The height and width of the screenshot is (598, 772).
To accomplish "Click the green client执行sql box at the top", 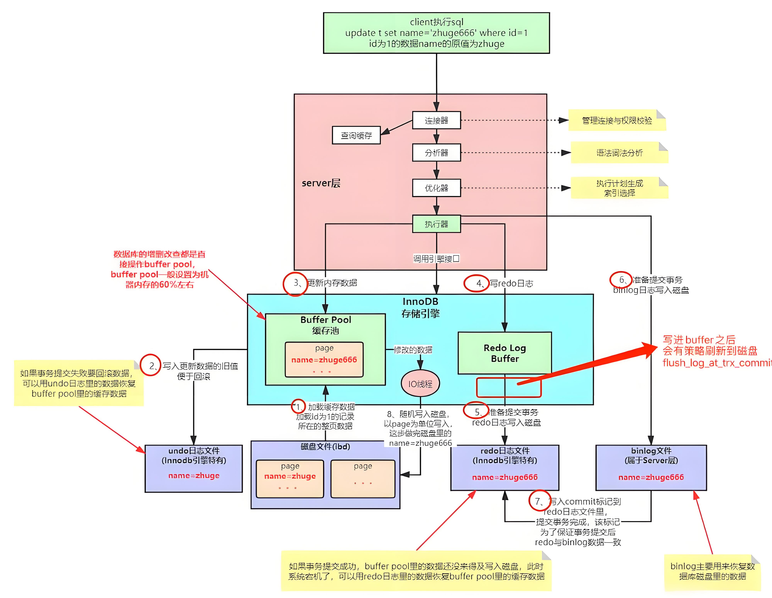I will click(436, 33).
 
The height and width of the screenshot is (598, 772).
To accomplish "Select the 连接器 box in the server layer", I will click(436, 120).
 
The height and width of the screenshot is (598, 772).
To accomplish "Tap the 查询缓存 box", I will click(356, 135).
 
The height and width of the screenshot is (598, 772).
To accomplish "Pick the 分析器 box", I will click(436, 153).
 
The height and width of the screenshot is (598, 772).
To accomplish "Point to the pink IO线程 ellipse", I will click(420, 384).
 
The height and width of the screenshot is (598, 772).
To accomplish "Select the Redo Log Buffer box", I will click(505, 353).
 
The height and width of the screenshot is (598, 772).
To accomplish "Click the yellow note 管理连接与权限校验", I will click(617, 120).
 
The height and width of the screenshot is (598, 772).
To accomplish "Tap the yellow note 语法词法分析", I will click(619, 153).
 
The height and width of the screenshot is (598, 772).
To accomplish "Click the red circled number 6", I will click(621, 280).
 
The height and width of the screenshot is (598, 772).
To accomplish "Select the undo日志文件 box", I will click(194, 468).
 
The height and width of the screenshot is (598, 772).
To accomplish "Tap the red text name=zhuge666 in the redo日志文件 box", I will click(505, 477).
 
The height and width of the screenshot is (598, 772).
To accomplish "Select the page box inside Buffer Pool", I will click(324, 359).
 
